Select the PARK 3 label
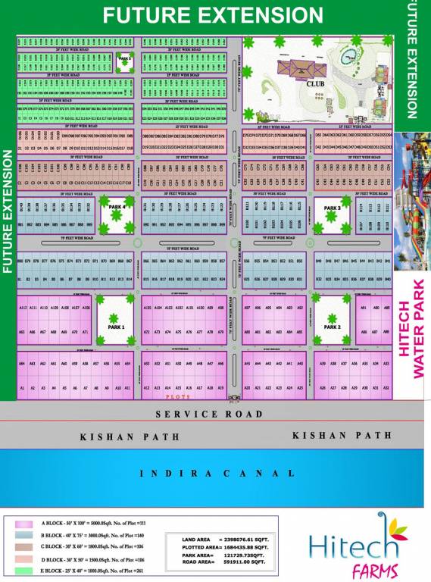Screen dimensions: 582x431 point(333,208)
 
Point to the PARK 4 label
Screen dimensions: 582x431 point(117,206)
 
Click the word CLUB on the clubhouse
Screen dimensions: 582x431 point(315,85)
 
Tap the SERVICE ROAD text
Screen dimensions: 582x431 point(209,415)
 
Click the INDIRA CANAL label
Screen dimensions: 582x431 point(217,474)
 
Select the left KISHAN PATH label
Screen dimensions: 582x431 point(117,437)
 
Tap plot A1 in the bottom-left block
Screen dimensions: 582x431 point(23,388)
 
